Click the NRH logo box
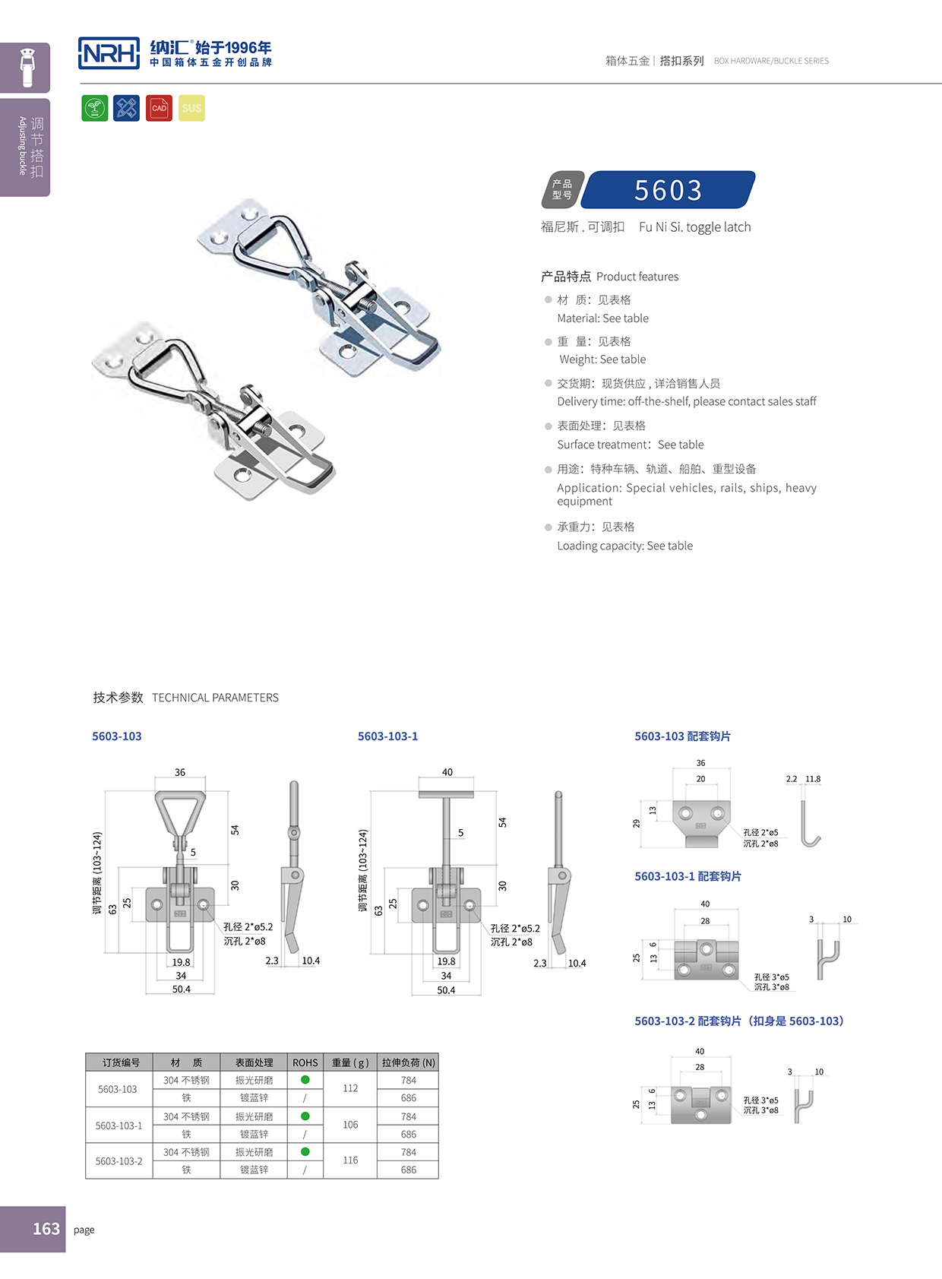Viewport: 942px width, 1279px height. [109, 53]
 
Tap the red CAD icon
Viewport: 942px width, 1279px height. [159, 108]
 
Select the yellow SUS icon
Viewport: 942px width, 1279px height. [191, 108]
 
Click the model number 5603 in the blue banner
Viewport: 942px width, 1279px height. [669, 190]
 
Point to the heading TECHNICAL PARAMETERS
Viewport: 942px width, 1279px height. [215, 698]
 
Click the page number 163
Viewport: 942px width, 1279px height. [46, 1229]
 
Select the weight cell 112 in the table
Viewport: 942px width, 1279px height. [350, 1088]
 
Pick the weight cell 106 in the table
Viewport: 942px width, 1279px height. [350, 1125]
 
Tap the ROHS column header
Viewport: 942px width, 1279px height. [305, 1062]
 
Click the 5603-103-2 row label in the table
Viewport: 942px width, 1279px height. [119, 1161]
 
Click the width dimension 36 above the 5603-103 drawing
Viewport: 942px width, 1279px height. [180, 772]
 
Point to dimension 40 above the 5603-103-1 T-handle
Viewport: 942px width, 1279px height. [447, 772]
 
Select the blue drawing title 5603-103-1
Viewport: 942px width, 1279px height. [387, 736]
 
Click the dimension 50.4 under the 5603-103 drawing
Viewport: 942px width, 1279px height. [182, 989]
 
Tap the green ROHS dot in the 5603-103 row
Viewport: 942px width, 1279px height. [305, 1080]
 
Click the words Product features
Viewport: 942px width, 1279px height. [637, 277]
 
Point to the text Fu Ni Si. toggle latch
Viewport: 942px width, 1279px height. [694, 227]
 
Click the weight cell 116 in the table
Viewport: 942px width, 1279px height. [350, 1160]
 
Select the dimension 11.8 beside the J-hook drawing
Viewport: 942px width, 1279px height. [813, 779]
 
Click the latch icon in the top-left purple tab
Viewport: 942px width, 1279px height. [27, 68]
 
